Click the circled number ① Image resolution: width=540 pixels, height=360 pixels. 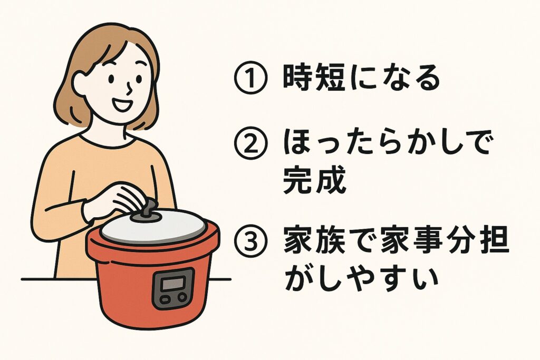click(x=250, y=78)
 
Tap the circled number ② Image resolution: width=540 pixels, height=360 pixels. click(x=250, y=144)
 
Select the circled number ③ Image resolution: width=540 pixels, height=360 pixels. click(x=250, y=241)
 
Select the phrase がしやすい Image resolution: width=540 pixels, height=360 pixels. click(x=361, y=278)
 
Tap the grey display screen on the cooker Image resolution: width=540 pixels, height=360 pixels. click(x=173, y=284)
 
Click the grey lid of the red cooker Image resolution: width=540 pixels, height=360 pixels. click(x=153, y=227)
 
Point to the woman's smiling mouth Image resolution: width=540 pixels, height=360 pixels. click(x=120, y=105)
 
